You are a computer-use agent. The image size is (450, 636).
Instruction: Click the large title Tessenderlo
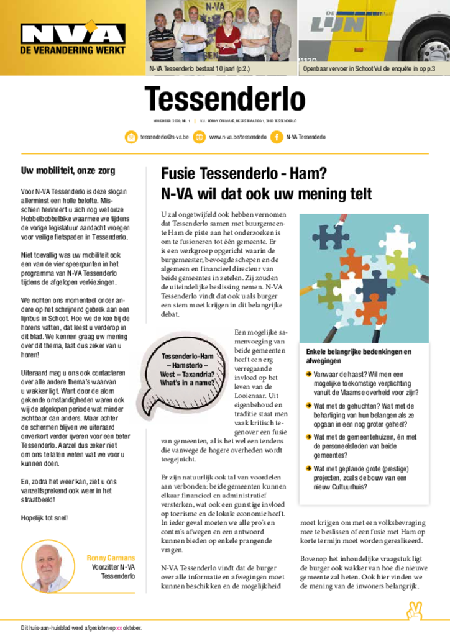[224, 99]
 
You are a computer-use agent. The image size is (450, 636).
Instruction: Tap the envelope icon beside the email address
[131, 137]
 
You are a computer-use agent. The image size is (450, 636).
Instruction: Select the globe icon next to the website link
[199, 137]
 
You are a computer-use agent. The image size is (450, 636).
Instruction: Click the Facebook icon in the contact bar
[276, 137]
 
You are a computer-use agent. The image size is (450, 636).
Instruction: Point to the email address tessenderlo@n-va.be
[162, 137]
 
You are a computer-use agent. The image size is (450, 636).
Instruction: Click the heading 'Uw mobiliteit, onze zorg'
[68, 171]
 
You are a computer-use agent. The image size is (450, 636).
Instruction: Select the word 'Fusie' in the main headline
[178, 173]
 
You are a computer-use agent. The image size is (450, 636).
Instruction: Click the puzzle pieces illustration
[364, 278]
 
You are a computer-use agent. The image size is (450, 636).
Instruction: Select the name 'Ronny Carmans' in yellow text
[111, 558]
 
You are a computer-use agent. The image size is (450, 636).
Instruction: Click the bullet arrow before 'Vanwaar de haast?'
[309, 374]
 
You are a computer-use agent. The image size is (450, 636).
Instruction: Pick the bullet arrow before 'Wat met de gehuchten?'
[309, 405]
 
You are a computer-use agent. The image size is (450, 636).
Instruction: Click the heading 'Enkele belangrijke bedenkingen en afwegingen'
[359, 356]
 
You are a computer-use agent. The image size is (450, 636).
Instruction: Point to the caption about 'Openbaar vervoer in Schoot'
[369, 68]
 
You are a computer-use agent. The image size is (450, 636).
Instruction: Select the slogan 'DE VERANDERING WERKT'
[73, 50]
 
